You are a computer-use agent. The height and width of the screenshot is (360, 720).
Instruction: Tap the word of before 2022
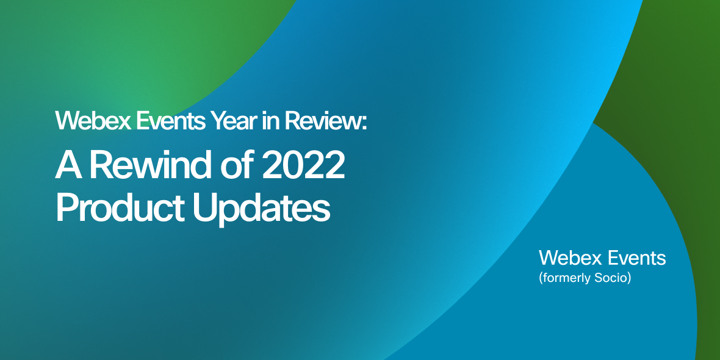pyautogui.click(x=238, y=166)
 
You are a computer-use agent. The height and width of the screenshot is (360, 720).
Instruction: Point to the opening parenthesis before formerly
pyautogui.click(x=541, y=279)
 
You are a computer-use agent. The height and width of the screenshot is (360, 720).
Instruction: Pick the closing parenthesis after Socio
pyautogui.click(x=628, y=279)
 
